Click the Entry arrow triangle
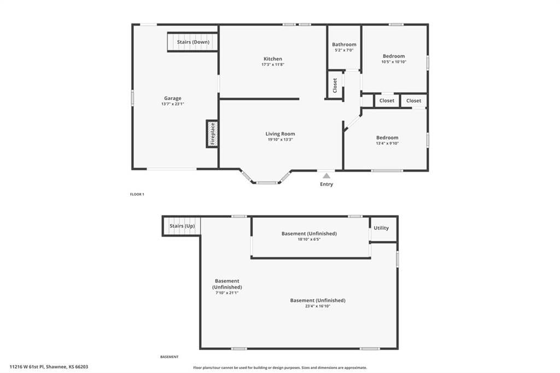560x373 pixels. point(326,176)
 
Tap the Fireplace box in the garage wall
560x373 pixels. point(212,133)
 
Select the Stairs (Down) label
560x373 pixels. point(193,42)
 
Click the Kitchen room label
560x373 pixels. point(273,59)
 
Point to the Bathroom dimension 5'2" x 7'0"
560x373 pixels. point(344,50)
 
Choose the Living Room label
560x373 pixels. point(281,133)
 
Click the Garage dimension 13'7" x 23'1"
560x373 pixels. point(172,104)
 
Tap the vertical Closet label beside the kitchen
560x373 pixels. point(335,85)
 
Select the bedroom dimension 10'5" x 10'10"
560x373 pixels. point(394,62)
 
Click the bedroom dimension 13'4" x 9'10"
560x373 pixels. point(387,143)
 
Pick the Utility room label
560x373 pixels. point(381,228)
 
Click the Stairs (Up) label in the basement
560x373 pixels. point(182,226)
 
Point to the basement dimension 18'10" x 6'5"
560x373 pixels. point(309,240)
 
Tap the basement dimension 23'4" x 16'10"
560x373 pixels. point(318,306)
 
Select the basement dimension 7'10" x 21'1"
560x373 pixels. point(227,293)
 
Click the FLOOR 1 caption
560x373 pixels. point(137,194)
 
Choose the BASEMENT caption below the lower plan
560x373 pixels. point(170,357)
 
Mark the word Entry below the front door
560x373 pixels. point(326,184)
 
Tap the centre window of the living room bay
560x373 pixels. point(267,183)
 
